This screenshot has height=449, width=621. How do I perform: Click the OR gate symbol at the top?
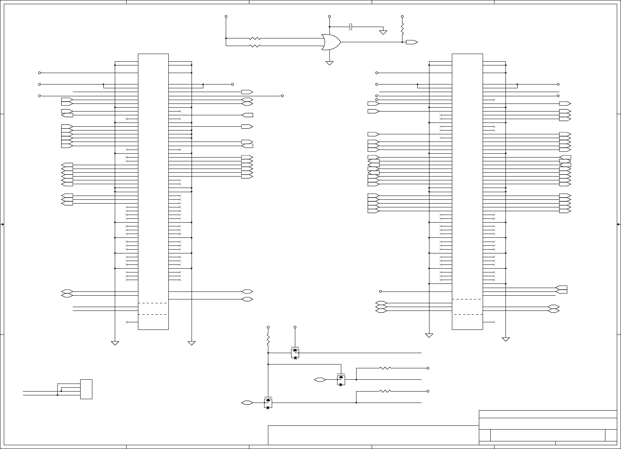[x=331, y=42]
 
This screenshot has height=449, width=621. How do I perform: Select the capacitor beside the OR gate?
[x=352, y=27]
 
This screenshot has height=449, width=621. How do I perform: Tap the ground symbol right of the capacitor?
[x=383, y=32]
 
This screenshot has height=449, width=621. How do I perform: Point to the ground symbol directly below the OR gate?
[x=330, y=63]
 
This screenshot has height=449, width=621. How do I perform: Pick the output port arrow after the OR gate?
[x=412, y=42]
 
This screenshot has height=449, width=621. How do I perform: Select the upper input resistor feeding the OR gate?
[x=255, y=38]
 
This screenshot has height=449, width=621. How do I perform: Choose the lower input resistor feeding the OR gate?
[x=255, y=46]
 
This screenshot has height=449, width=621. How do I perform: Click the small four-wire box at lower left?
[x=86, y=389]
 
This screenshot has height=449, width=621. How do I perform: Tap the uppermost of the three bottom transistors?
[x=295, y=353]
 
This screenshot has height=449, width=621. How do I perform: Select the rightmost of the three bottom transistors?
[x=341, y=380]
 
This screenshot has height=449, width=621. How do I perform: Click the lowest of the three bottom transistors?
[x=268, y=403]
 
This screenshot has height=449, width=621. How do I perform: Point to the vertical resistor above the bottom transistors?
[x=268, y=339]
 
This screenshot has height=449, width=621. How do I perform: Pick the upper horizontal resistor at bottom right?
[x=385, y=368]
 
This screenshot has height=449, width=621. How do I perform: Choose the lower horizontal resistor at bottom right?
[x=385, y=391]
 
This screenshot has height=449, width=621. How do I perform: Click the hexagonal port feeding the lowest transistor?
[x=247, y=403]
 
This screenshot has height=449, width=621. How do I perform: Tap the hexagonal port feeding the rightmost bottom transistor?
[x=320, y=380]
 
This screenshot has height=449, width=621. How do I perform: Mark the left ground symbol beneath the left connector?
[x=115, y=343]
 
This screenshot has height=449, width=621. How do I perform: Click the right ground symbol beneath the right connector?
[x=505, y=339]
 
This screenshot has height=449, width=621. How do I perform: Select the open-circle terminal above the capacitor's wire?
[x=330, y=17]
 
